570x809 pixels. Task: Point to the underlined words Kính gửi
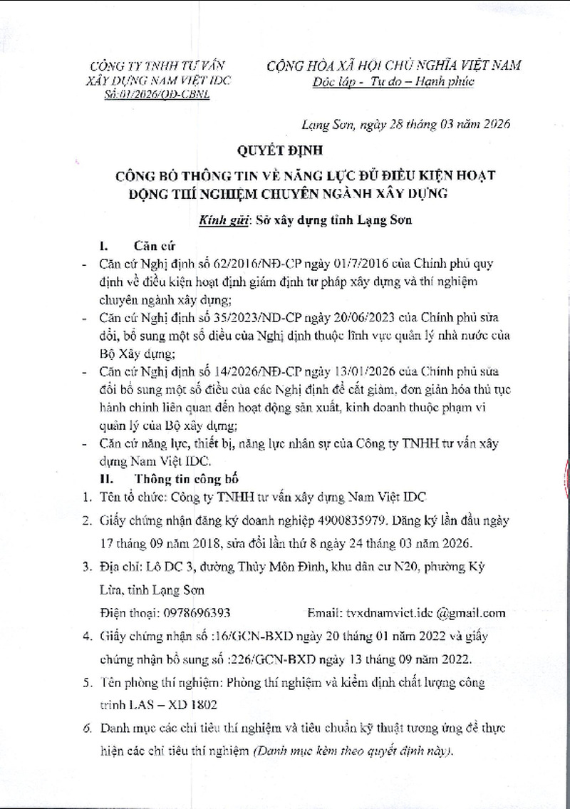click(217, 221)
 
